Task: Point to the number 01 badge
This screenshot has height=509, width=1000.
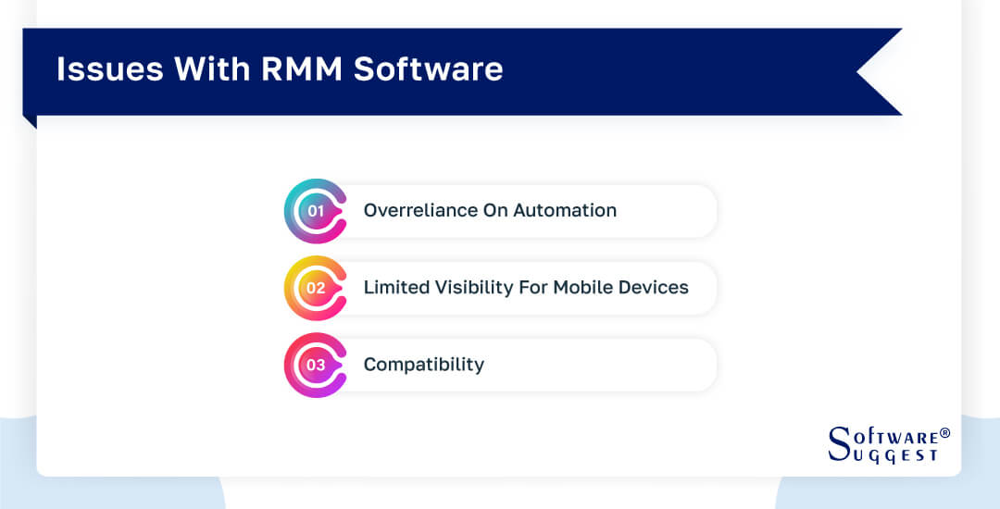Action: click(316, 211)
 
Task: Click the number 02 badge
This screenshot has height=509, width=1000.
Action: click(316, 288)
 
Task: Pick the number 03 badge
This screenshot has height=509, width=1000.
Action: click(316, 365)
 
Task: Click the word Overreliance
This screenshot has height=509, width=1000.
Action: click(420, 211)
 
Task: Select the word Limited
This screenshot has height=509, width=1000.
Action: click(395, 288)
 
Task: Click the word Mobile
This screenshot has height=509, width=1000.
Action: click(588, 288)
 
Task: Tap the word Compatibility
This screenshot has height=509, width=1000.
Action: click(423, 365)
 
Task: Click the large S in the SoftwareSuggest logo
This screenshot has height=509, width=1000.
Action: click(839, 443)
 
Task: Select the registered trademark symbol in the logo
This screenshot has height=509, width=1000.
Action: click(944, 433)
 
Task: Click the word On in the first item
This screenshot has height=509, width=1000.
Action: click(495, 211)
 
